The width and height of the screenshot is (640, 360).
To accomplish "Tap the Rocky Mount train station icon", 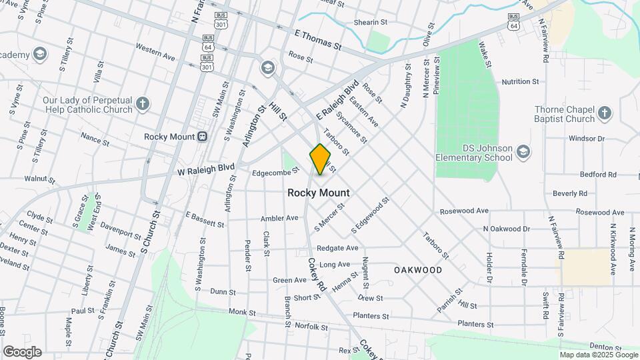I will pyautogui.click(x=202, y=137).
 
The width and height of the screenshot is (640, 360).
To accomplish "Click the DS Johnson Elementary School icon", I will pyautogui.click(x=523, y=151).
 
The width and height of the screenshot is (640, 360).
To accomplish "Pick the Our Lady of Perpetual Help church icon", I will pyautogui.click(x=142, y=103).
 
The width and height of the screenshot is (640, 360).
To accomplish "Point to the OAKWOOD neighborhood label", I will pyautogui.click(x=418, y=270).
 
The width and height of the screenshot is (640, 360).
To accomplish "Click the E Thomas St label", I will pyautogui.click(x=318, y=39).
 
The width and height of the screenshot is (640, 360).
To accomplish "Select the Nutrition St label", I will pyautogui.click(x=520, y=82).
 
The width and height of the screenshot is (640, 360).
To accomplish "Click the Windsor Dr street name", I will pyautogui.click(x=586, y=139).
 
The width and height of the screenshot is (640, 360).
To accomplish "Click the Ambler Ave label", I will pyautogui.click(x=280, y=218).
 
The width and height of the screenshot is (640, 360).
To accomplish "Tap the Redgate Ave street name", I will pyautogui.click(x=337, y=248).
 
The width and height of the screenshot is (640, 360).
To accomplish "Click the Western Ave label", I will pyautogui.click(x=155, y=53).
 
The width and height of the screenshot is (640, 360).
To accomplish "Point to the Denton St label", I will pyautogui.click(x=605, y=347).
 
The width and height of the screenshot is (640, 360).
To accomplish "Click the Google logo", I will pyautogui.click(x=22, y=352).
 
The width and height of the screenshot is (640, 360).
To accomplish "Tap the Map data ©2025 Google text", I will pyautogui.click(x=598, y=355).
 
